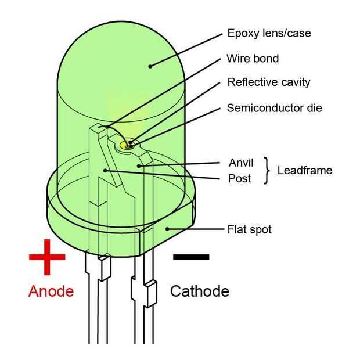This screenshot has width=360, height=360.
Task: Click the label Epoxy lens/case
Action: (269, 33)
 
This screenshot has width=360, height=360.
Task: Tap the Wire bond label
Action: (253, 58)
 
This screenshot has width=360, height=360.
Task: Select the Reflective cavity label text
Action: (268, 82)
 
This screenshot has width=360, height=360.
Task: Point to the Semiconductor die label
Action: (274, 108)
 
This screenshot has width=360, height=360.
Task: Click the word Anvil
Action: (240, 163)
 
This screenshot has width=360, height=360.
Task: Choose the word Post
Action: (239, 178)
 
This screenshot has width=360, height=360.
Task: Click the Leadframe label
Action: (305, 170)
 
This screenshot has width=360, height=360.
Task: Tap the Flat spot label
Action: (249, 229)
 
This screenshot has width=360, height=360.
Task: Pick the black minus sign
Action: (191, 256)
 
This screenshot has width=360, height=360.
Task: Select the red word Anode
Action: (51, 291)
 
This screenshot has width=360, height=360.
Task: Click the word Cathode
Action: (199, 291)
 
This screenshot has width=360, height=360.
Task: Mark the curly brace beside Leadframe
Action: (267, 171)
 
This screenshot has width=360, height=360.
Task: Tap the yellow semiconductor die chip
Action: (129, 143)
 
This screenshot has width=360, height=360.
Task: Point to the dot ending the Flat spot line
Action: (167, 229)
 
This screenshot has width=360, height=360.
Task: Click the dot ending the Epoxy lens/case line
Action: (150, 66)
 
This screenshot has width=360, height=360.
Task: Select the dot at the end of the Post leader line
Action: (105, 170)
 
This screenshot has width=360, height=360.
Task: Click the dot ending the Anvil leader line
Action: (138, 165)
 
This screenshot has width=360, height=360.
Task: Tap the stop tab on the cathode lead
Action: (151, 293)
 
